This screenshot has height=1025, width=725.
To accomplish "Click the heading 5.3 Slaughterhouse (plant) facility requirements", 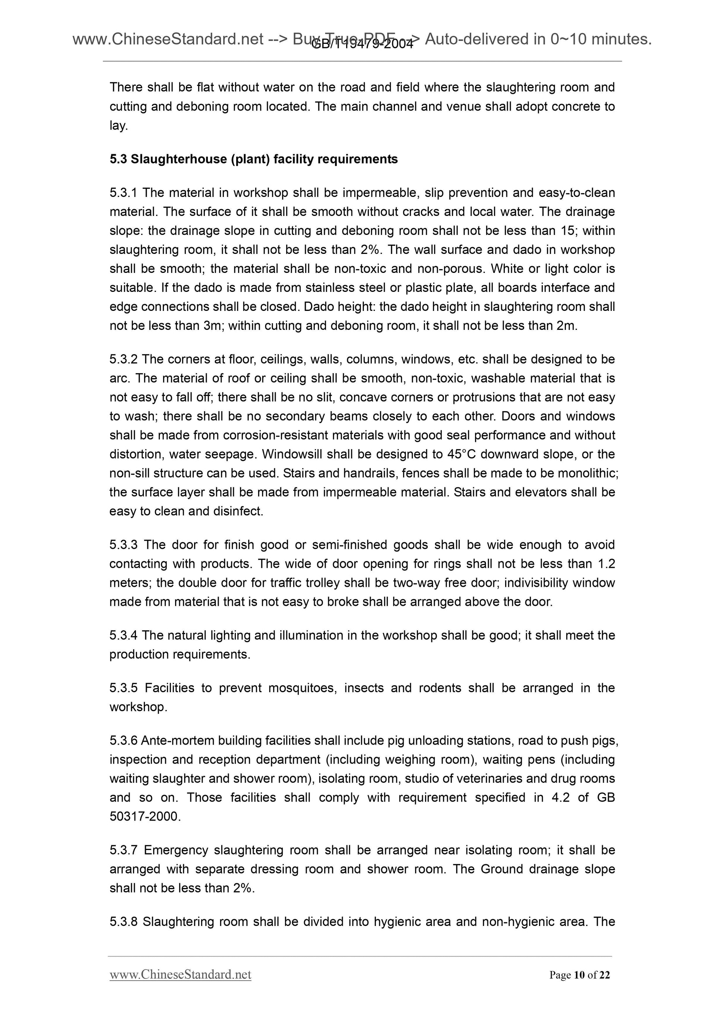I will click(x=253, y=159).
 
